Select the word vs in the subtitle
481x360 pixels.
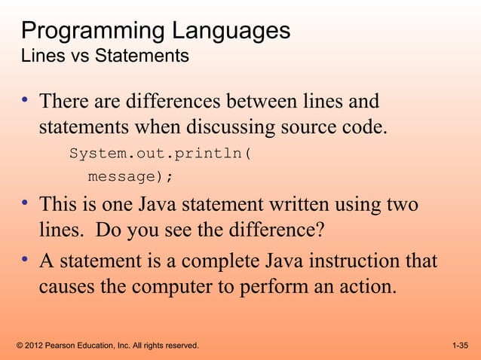coord(72,56)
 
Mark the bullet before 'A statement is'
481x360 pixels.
coord(26,261)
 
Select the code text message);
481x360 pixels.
coord(130,178)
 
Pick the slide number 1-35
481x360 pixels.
coord(460,346)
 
